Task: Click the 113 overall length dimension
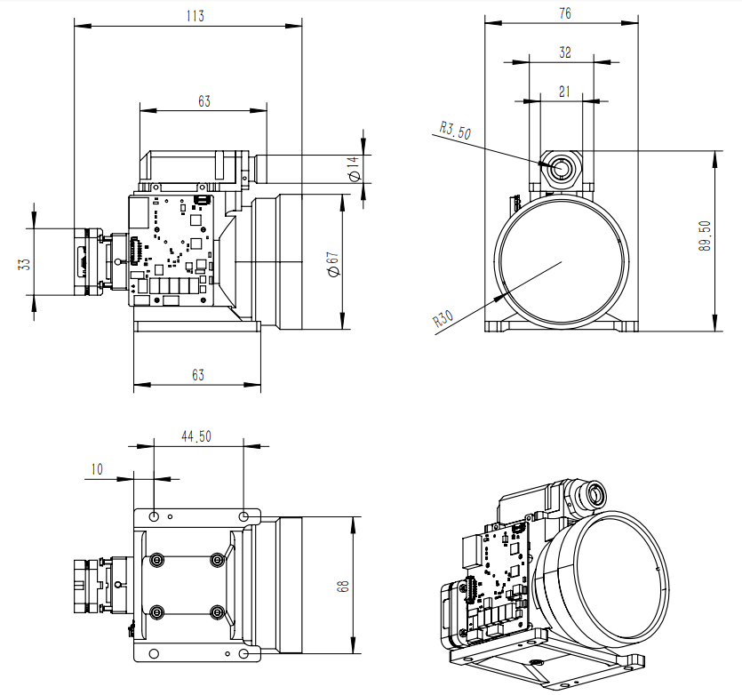coord(192,14)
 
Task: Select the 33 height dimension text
coord(25,263)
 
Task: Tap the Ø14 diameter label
coord(354,169)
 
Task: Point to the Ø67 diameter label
coord(332,262)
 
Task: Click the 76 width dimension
coord(563,12)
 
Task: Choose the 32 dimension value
coord(563,52)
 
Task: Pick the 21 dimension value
coord(563,91)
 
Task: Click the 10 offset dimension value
coord(96,468)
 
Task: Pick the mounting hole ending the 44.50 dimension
coord(245,515)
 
